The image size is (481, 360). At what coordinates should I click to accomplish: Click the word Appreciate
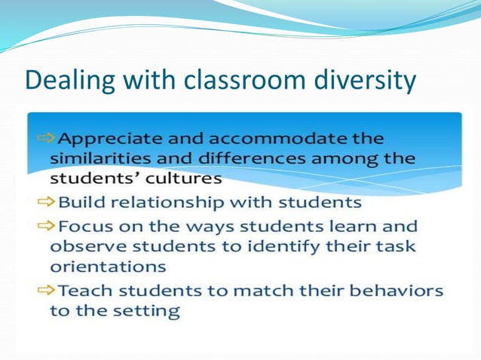pos(107,139)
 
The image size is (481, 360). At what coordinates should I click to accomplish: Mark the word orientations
pos(108,267)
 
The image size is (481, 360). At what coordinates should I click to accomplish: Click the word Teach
pos(84,290)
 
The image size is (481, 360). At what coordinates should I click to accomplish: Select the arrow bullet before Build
pos(44,202)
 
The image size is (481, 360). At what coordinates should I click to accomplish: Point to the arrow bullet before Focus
pos(44,226)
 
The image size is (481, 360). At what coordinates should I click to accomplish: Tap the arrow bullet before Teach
pos(44,290)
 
